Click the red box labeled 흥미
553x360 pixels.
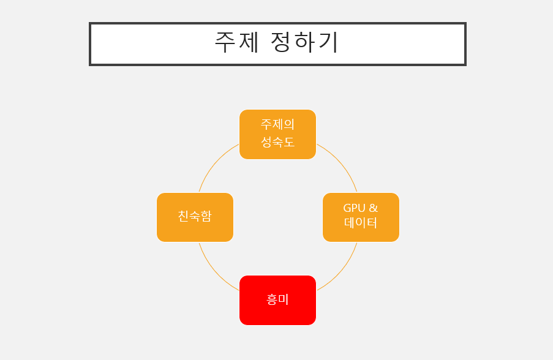pos(277,300)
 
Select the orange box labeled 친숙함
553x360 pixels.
pos(195,217)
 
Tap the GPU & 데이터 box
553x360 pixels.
pos(361,217)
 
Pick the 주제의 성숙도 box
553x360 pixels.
pos(277,134)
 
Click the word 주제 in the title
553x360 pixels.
pos(237,42)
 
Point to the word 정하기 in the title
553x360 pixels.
pos(304,42)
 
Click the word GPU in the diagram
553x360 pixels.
pos(354,208)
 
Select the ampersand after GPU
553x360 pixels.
pos(373,208)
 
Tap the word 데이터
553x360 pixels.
pos(361,223)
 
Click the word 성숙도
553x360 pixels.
pos(277,142)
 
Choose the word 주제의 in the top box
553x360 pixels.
pos(277,124)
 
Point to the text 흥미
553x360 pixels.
pos(277,299)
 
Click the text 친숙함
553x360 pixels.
pos(195,216)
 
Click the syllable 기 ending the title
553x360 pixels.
pos(329,42)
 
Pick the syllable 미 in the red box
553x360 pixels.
pos(284,299)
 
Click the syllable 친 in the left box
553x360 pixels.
pos(183,216)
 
